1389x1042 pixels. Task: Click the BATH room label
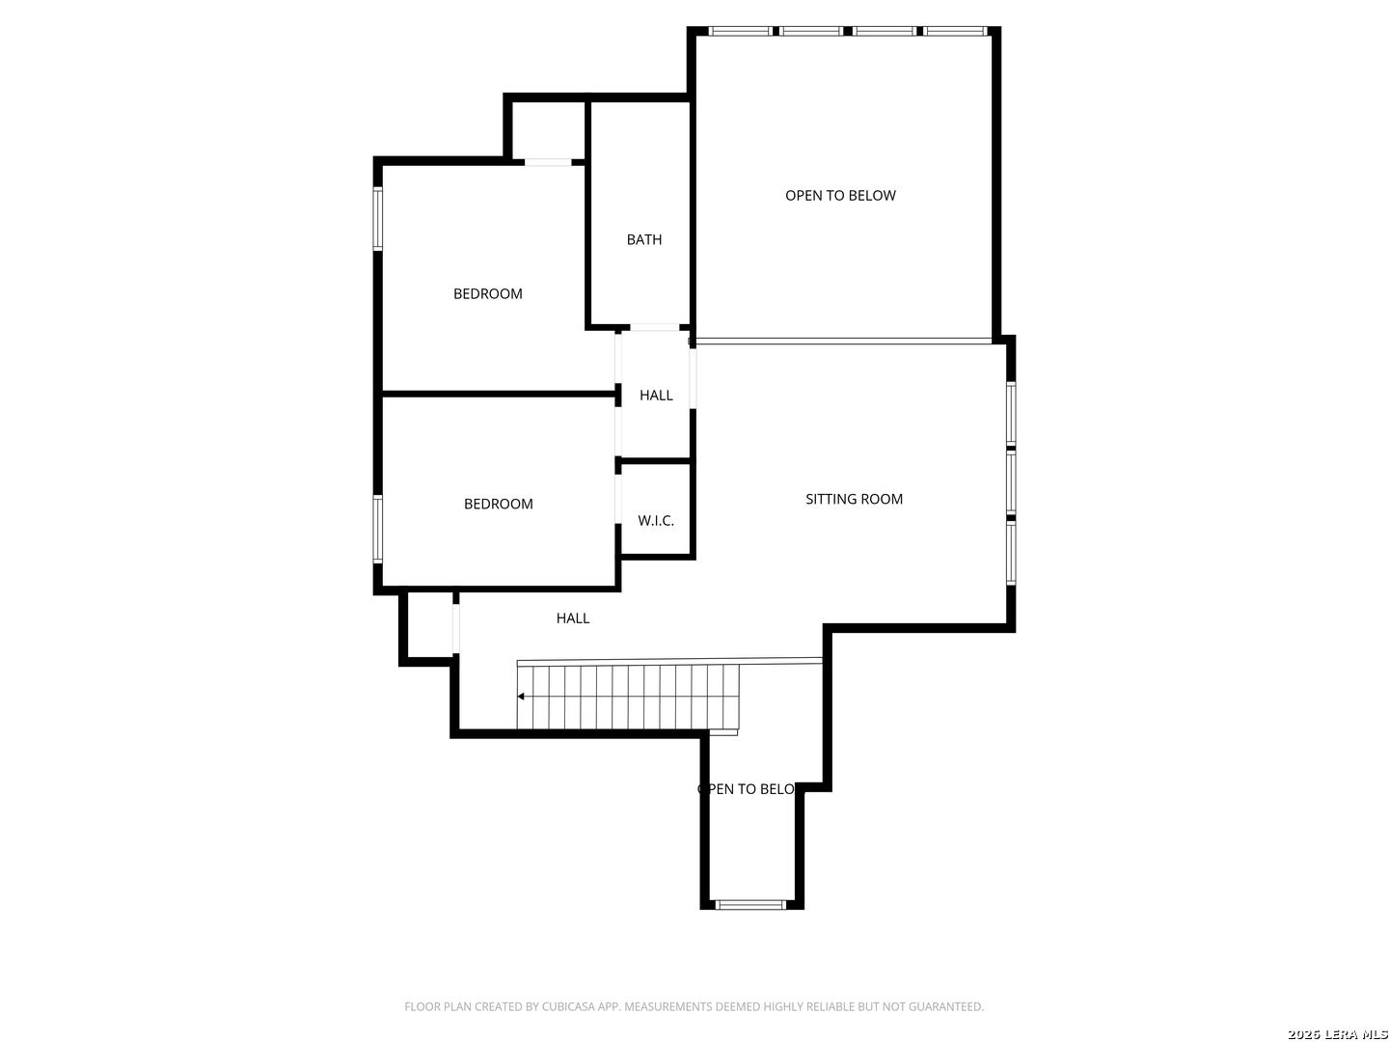click(x=643, y=239)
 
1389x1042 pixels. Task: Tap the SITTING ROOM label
click(x=854, y=499)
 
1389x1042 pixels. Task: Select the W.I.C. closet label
click(x=656, y=520)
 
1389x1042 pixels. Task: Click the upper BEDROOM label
click(x=487, y=293)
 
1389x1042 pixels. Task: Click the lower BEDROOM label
click(x=498, y=504)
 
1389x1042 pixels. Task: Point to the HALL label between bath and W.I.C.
click(x=656, y=395)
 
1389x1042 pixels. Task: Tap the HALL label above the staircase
click(x=573, y=618)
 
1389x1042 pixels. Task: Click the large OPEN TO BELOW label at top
click(x=840, y=196)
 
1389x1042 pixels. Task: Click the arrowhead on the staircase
click(x=520, y=697)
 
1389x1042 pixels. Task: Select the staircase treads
click(x=628, y=697)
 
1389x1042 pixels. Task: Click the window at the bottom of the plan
click(x=750, y=905)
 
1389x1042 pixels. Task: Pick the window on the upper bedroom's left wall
click(x=378, y=218)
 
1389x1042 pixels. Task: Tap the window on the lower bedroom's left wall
click(x=378, y=529)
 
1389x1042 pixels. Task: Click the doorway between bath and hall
click(x=654, y=327)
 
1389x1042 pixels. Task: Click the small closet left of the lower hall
click(x=429, y=625)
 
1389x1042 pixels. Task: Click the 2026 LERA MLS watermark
click(x=1337, y=1034)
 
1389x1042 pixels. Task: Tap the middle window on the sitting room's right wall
click(x=1011, y=482)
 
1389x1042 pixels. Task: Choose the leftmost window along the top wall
click(x=739, y=31)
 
